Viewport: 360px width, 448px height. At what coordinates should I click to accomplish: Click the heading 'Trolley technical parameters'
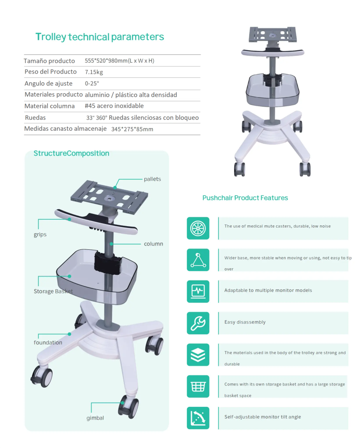tap(99, 37)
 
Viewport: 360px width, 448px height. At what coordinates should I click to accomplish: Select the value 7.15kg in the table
tap(94, 72)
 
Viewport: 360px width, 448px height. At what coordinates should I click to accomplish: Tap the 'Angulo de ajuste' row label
tap(48, 84)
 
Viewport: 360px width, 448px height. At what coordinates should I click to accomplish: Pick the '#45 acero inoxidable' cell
tap(114, 106)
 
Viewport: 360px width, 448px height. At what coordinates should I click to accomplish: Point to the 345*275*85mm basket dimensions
tap(132, 129)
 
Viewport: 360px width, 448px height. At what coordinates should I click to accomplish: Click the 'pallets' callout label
tap(152, 179)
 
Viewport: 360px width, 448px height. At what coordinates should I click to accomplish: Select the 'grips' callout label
tap(40, 234)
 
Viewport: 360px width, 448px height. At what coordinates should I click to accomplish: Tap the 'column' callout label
tap(154, 244)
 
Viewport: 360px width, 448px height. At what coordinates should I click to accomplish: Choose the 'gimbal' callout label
tap(95, 418)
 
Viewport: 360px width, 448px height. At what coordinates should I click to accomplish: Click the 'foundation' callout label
tap(48, 342)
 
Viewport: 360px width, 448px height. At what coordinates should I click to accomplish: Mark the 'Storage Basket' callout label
tap(53, 291)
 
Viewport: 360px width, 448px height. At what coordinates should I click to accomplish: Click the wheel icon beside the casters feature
tap(198, 228)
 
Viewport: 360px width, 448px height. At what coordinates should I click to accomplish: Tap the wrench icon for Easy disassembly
tap(198, 323)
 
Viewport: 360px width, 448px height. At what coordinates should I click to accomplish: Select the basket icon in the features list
tap(198, 387)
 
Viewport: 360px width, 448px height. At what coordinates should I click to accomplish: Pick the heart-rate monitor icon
tap(198, 291)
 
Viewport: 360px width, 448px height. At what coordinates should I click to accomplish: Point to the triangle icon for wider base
tap(198, 260)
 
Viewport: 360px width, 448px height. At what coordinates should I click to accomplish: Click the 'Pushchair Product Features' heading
tap(245, 198)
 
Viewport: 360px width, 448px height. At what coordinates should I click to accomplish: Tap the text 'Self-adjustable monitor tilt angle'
tap(262, 417)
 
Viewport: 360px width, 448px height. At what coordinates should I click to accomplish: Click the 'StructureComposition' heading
tap(71, 154)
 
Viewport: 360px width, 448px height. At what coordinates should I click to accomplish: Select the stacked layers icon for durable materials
tap(198, 355)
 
